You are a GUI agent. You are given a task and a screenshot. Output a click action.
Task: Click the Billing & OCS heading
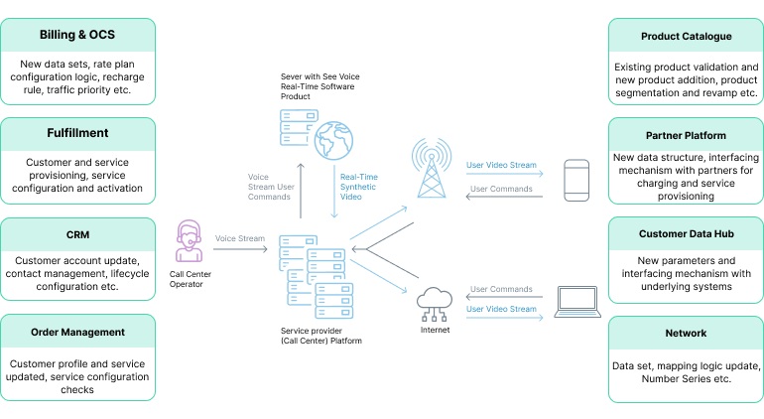[x=78, y=35]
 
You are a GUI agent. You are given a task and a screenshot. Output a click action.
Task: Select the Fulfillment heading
[x=78, y=132]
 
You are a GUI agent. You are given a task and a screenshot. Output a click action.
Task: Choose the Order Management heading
[x=78, y=332]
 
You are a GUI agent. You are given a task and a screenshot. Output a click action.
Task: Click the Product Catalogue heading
[x=686, y=37]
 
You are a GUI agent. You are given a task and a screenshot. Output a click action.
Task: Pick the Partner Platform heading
[x=686, y=135]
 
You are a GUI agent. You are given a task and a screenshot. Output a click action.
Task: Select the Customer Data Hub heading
[x=686, y=234]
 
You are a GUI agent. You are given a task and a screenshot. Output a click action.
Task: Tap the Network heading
[x=686, y=334]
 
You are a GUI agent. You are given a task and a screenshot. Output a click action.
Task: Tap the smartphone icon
[x=576, y=180]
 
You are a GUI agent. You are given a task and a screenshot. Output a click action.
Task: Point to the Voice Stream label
[x=239, y=238]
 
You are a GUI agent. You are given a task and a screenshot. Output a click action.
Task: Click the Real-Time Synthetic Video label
[x=358, y=187]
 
